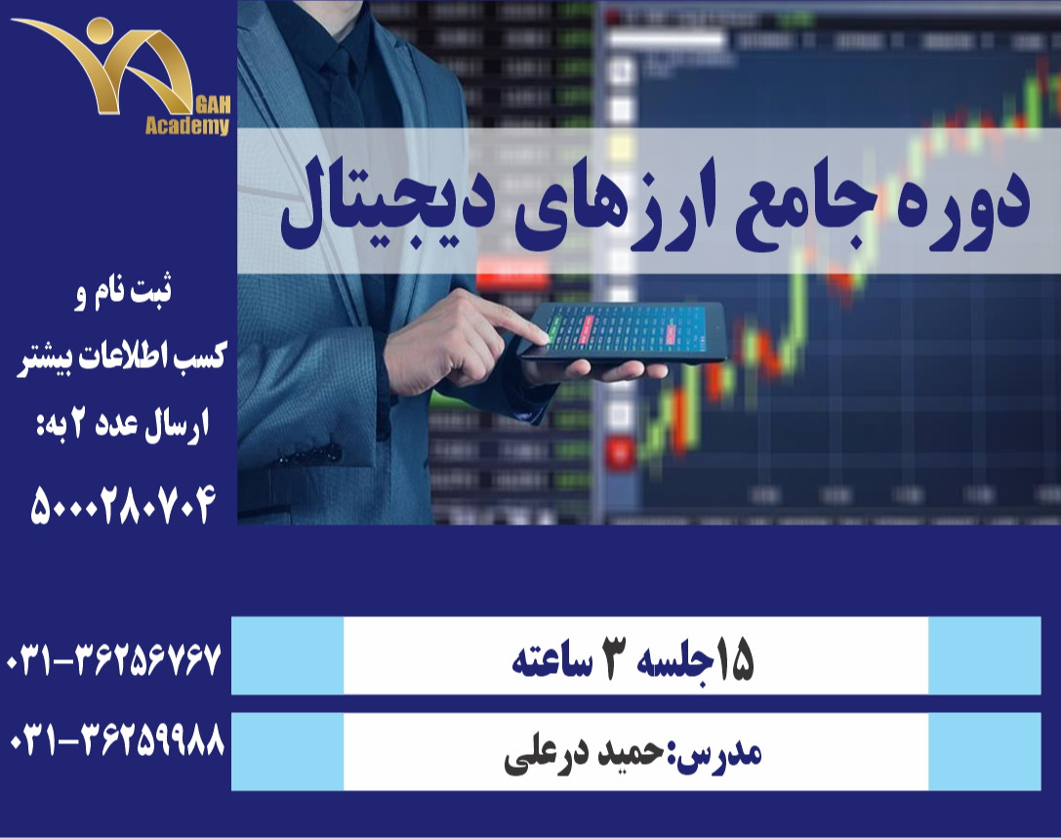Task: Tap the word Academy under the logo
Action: tap(187, 125)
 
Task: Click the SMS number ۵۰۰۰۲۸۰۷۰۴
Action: tap(122, 505)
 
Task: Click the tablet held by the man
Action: tap(625, 332)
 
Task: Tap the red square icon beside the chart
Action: tap(617, 452)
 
